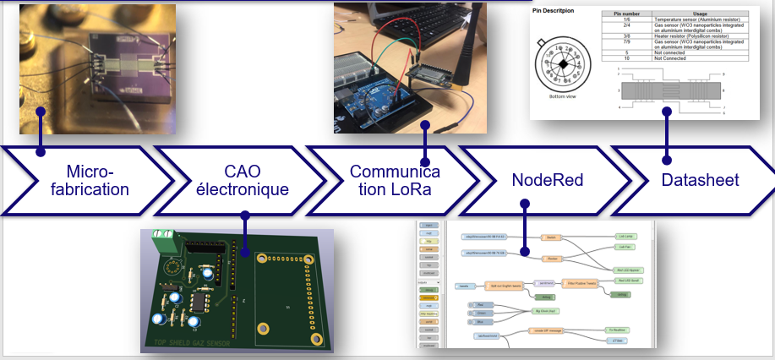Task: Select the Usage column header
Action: (x=700, y=14)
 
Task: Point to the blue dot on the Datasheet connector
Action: (x=666, y=159)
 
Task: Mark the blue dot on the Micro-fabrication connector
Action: (x=40, y=153)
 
